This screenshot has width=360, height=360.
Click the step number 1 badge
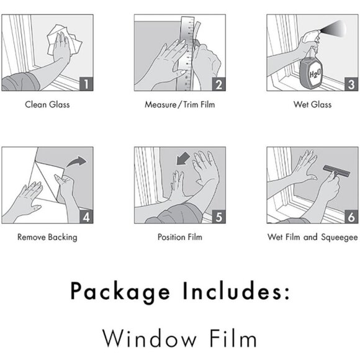(86, 84)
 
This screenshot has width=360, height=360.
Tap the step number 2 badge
(219, 84)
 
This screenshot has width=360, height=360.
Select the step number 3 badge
(351, 84)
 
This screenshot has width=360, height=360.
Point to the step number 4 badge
(86, 216)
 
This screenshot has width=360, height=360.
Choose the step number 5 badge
(219, 216)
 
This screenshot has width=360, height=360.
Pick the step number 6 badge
(351, 216)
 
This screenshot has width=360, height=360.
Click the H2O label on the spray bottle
(315, 74)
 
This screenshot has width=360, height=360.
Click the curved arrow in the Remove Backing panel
(76, 161)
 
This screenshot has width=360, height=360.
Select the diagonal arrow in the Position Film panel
(182, 159)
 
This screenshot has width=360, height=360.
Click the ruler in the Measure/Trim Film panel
(186, 53)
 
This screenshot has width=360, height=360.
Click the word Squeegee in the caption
(339, 237)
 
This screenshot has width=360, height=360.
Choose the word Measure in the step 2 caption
(161, 104)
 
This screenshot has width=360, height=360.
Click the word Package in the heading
(120, 292)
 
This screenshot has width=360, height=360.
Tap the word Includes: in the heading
(236, 290)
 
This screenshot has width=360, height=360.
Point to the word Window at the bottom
(150, 338)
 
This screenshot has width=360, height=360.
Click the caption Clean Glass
(47, 104)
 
